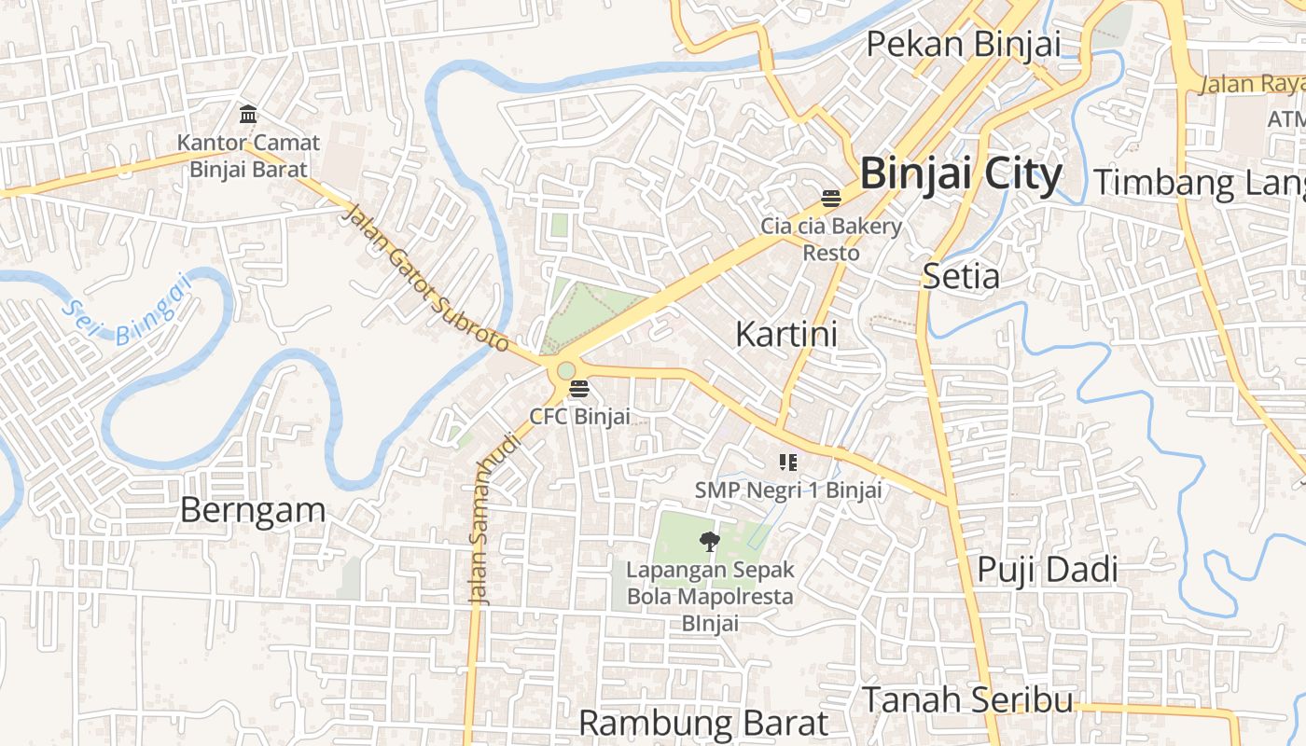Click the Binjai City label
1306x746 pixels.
click(961, 174)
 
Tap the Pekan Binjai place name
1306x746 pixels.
click(964, 44)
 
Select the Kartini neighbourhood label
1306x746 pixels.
click(786, 334)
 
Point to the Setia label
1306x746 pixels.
click(961, 276)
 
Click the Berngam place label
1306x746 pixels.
click(252, 510)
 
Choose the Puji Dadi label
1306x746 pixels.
click(1047, 570)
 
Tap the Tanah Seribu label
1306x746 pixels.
click(966, 699)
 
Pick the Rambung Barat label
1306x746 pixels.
click(703, 723)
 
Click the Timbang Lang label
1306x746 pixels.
click(1199, 183)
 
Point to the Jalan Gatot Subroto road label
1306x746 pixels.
click(425, 279)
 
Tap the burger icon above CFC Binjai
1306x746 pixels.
click(579, 389)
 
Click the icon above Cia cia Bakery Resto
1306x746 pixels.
click(831, 198)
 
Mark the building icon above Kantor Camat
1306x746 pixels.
click(248, 115)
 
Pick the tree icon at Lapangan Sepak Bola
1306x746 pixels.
click(710, 541)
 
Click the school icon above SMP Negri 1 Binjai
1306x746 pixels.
click(787, 462)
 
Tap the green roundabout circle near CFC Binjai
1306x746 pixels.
click(566, 370)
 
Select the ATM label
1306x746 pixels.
click(1285, 119)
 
